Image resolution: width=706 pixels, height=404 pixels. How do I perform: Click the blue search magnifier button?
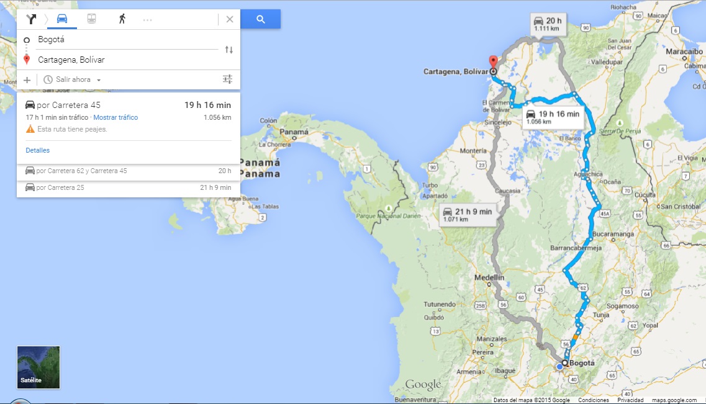click(261, 19)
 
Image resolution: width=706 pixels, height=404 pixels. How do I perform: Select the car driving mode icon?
click(62, 19)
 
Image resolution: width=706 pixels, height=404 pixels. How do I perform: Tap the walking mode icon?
click(122, 19)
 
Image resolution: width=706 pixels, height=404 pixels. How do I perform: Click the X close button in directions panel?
click(230, 19)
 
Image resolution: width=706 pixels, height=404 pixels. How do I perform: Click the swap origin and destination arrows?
click(229, 50)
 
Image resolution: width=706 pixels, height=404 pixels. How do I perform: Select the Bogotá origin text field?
click(124, 40)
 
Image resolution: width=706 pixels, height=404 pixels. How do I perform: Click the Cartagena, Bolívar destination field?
click(124, 60)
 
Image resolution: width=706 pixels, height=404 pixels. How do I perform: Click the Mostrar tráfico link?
click(115, 117)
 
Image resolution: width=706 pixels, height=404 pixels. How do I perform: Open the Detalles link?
click(38, 150)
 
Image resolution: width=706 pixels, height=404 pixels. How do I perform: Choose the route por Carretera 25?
click(60, 187)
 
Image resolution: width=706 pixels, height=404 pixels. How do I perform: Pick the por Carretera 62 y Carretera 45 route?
click(81, 171)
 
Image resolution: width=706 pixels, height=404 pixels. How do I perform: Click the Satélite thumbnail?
click(38, 367)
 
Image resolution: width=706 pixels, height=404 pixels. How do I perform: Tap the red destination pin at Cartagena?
click(494, 62)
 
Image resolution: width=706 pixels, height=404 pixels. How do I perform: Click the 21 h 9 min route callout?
click(468, 214)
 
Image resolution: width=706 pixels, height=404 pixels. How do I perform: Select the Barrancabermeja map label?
click(577, 248)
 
